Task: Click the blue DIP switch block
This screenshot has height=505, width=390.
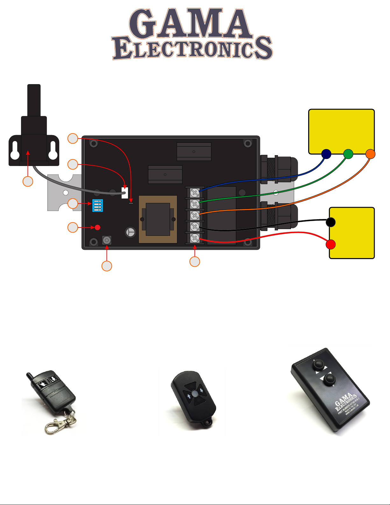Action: tap(97, 206)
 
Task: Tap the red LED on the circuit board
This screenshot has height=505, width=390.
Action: tap(97, 227)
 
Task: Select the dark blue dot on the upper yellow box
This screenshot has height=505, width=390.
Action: tap(326, 154)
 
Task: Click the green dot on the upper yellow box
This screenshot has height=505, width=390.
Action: tap(348, 154)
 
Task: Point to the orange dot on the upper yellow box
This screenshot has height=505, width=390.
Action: tap(370, 154)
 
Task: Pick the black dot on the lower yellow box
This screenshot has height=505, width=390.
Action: tap(331, 222)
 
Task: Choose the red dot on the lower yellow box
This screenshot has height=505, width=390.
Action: tap(331, 244)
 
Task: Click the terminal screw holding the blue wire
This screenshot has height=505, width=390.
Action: tap(195, 192)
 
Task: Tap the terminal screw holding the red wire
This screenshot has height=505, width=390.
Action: tap(195, 238)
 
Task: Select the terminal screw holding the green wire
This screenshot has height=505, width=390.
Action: tap(195, 204)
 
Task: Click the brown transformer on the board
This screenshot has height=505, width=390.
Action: tap(158, 219)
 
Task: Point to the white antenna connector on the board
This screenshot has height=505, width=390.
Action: tap(125, 192)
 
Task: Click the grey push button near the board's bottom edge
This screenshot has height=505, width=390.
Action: tap(107, 240)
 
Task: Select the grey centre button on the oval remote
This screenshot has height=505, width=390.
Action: tap(195, 394)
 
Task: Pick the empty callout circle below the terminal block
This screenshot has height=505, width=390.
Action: tap(195, 262)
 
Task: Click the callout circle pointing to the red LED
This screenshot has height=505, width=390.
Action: tap(73, 227)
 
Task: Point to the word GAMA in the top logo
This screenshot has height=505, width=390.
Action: tap(190, 24)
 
